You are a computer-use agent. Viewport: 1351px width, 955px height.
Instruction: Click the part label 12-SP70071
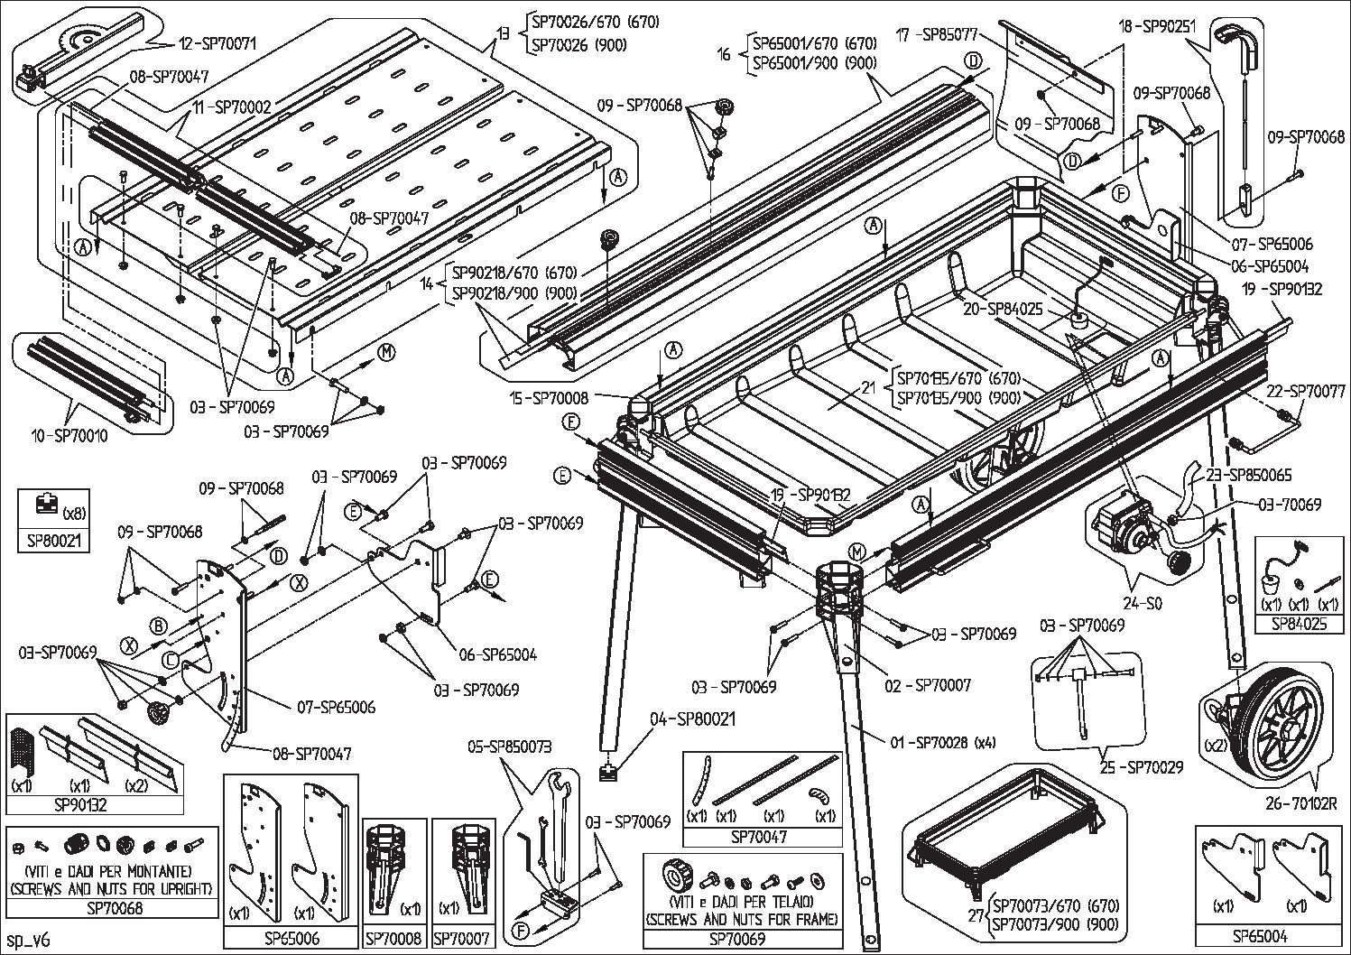[x=218, y=43]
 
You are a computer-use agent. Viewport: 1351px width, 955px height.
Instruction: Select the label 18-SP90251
[x=1157, y=26]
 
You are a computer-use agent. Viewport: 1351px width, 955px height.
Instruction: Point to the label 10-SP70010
[x=68, y=437]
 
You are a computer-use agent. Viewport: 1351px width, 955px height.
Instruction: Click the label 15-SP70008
[x=549, y=397]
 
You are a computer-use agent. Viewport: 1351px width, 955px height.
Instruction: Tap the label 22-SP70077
[x=1305, y=392]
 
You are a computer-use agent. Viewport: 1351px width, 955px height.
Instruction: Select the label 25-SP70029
[x=1141, y=767]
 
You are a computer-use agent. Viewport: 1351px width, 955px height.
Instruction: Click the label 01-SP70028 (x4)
[x=942, y=743]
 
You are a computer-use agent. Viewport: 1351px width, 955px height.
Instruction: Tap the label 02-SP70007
[x=928, y=686]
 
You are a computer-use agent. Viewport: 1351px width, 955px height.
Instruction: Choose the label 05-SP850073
[x=509, y=746]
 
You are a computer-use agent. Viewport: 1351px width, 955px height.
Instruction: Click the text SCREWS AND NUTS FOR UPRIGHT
[x=112, y=888]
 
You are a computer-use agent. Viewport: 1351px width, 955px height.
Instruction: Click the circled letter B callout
[x=159, y=626]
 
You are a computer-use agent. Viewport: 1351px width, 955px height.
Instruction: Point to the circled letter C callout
[x=169, y=660]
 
